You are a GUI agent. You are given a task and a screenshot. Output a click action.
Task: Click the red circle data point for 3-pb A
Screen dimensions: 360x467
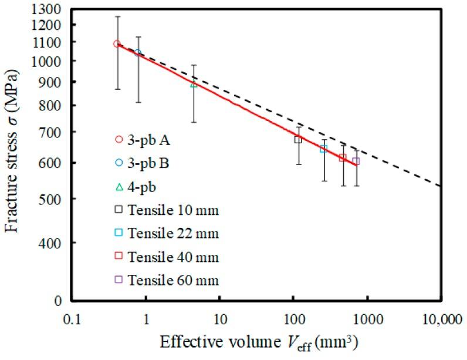point(117,43)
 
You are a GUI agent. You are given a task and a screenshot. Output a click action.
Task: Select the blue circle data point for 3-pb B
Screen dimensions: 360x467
point(138,53)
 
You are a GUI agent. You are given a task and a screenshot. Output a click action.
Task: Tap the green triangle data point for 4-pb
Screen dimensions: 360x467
point(194,84)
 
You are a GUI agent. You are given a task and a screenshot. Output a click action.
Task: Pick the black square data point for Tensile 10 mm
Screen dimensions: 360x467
point(298,139)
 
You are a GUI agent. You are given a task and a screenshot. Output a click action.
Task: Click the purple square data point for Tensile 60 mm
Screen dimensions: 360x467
point(356,161)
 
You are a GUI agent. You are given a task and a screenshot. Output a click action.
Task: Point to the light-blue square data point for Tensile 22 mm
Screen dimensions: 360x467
point(323,149)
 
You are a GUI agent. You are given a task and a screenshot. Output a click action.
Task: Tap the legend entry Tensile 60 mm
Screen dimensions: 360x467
point(167,280)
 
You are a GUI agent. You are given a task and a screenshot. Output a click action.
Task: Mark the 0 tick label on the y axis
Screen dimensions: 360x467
point(58,301)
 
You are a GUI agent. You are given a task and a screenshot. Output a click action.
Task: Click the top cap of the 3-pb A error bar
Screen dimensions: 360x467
point(117,16)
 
